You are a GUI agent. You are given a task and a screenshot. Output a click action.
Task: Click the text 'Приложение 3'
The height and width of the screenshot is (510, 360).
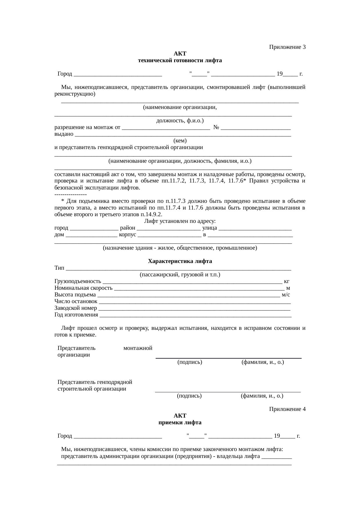point(287,47)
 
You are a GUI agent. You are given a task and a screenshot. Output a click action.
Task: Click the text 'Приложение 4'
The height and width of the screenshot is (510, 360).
point(287,409)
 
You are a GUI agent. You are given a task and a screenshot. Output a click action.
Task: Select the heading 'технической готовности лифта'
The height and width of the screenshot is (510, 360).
point(180,60)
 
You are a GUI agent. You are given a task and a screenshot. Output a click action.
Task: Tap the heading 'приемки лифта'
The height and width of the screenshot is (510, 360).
point(180,422)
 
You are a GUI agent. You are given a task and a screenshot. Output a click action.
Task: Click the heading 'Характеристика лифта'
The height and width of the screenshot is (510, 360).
point(180,261)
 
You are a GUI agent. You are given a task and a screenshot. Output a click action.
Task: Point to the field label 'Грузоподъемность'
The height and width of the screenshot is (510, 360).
point(78,281)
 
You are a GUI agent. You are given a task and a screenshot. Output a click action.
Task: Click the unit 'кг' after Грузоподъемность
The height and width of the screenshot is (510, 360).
point(286,281)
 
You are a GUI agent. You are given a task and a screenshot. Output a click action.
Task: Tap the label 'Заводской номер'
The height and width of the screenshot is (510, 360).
point(76,308)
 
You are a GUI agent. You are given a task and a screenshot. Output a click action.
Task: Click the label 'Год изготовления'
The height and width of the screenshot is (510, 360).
point(76,315)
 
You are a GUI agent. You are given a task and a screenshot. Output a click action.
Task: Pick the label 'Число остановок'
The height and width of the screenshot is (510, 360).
point(76,301)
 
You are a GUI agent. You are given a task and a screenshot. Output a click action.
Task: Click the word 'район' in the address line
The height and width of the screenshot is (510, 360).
point(127,228)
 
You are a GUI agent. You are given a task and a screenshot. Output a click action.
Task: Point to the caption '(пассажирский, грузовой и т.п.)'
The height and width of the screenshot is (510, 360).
point(180,275)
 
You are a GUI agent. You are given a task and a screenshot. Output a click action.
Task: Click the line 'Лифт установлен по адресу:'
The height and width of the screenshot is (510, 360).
point(180,221)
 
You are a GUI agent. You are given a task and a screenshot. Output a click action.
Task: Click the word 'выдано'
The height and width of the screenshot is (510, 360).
point(64,134)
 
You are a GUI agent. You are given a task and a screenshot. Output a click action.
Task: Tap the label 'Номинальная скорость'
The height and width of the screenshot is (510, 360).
point(84,288)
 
